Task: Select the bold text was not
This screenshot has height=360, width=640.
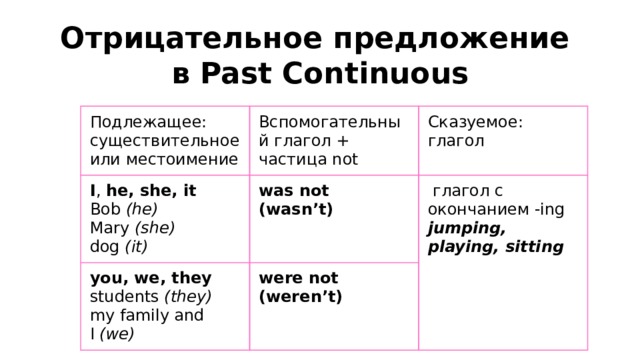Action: click(294, 191)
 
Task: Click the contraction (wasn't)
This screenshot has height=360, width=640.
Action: click(295, 210)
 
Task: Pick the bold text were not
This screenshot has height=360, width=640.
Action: click(298, 277)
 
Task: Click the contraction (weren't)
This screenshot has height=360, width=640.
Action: click(300, 296)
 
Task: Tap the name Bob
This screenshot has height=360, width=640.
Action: click(105, 209)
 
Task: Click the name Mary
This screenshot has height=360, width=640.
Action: click(108, 227)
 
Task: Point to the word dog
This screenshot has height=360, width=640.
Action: click(104, 245)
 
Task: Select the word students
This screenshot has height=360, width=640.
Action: click(124, 297)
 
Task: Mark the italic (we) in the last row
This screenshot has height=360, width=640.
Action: click(119, 333)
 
